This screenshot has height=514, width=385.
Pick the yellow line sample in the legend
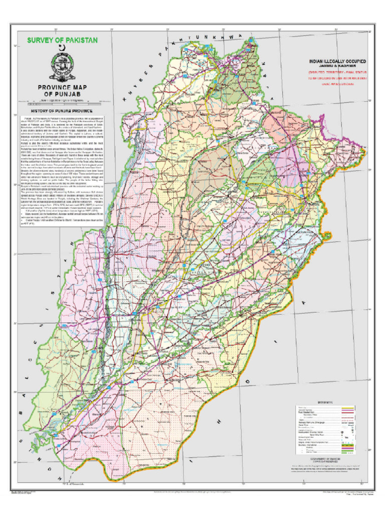tap(347, 407)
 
